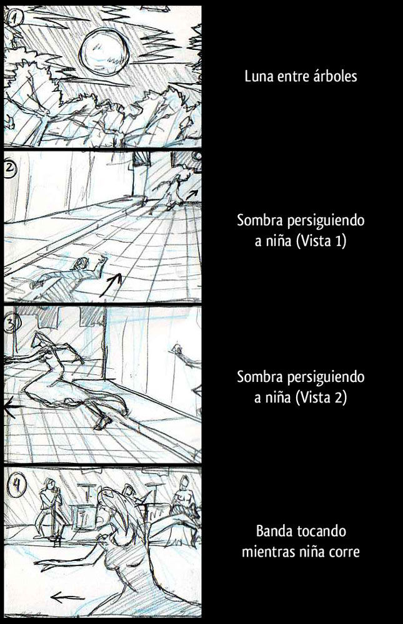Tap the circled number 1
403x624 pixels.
click(15, 18)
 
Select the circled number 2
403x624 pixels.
click(9, 170)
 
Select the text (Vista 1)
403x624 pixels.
click(321, 241)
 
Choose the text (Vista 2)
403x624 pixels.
click(321, 397)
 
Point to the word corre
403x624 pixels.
click(345, 552)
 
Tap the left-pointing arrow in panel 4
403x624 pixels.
click(67, 597)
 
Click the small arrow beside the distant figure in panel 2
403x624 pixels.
click(192, 194)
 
